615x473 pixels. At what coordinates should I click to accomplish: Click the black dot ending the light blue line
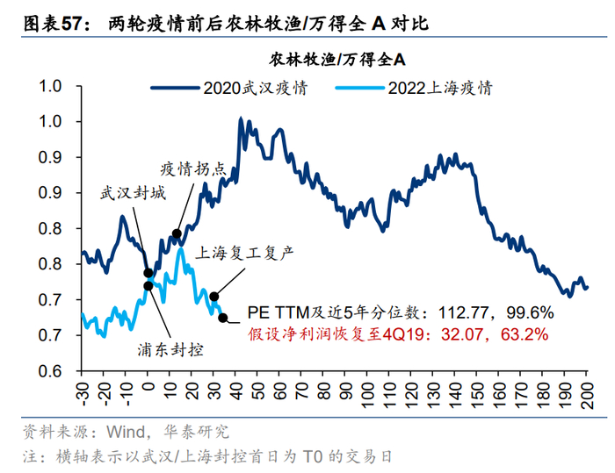223,319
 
